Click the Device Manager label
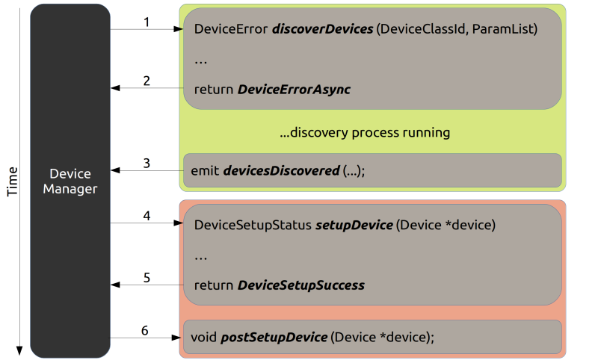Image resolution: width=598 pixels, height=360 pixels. (x=70, y=181)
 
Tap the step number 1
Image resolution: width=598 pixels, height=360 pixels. (x=147, y=22)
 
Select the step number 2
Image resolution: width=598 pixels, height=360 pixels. (x=147, y=81)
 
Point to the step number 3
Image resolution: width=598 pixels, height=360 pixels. (x=147, y=163)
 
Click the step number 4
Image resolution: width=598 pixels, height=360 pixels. (x=147, y=216)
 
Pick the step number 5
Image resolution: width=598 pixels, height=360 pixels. (x=147, y=278)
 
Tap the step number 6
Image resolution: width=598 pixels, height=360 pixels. (x=145, y=330)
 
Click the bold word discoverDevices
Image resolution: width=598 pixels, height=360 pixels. (x=323, y=29)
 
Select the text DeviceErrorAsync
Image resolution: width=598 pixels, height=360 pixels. (x=294, y=90)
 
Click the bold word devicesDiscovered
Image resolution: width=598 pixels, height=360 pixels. (x=282, y=171)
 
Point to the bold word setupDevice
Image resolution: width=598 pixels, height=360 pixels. (x=354, y=225)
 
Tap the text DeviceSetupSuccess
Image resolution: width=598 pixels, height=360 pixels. (x=301, y=285)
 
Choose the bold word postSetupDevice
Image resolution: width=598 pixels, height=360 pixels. (x=274, y=337)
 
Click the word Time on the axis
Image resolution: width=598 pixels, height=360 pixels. (x=13, y=181)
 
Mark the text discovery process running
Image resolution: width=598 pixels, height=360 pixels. (x=365, y=132)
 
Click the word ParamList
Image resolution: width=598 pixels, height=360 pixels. (x=502, y=29)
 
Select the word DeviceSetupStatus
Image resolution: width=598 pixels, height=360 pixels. (x=253, y=225)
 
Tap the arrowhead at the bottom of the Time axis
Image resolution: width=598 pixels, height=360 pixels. (x=19, y=350)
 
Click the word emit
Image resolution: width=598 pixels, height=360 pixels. (x=205, y=171)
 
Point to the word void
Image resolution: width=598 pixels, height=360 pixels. (x=203, y=337)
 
